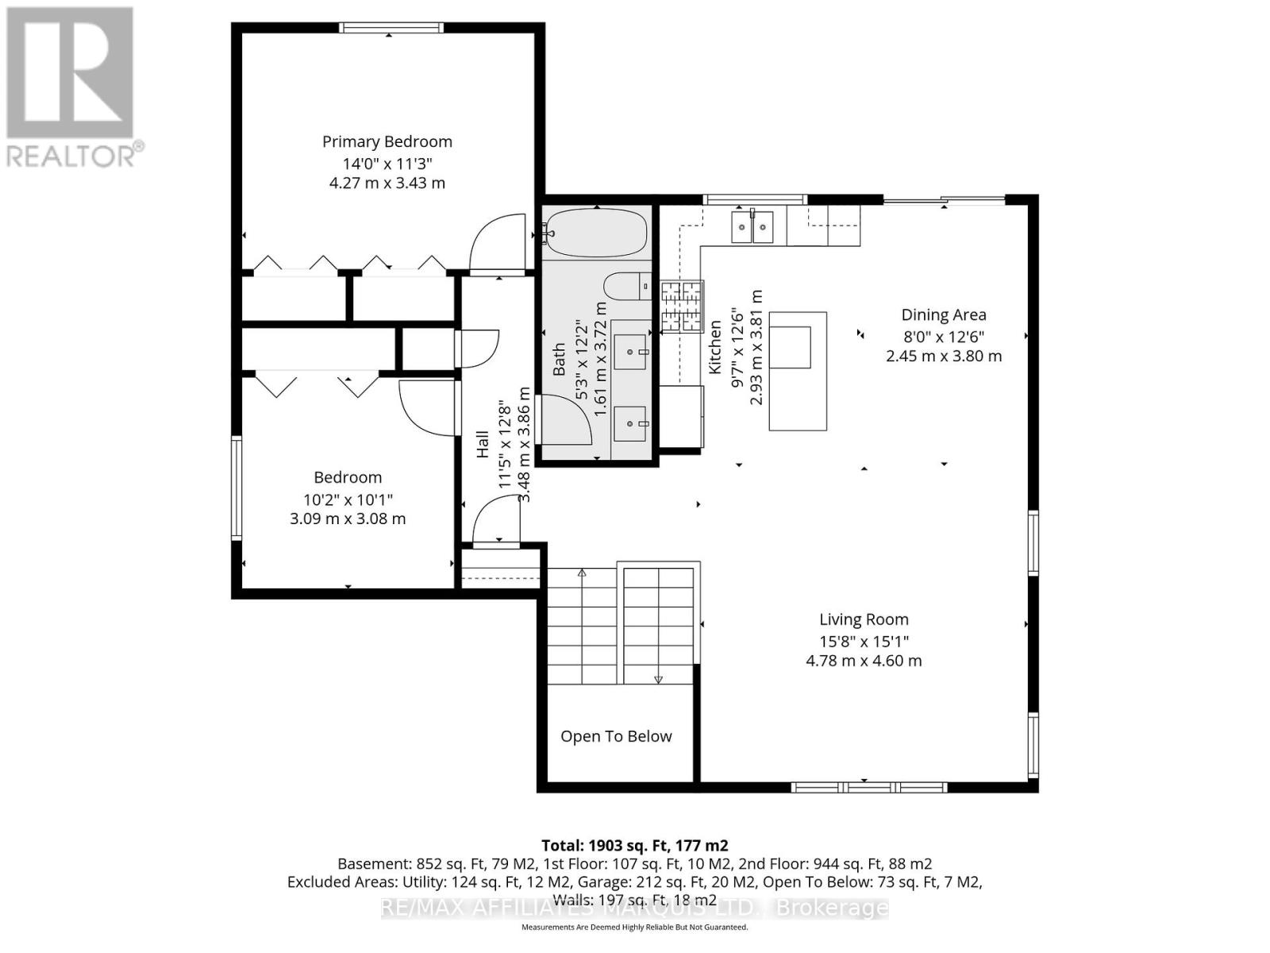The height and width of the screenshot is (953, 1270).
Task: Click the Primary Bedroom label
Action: point(387,141)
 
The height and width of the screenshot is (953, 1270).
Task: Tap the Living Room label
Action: point(864,619)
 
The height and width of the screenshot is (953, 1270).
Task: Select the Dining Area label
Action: point(943,314)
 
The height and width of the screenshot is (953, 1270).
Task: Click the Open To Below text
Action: point(616,736)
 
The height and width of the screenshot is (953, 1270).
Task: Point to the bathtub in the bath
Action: point(597,233)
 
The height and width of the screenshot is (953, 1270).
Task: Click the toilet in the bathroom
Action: point(627,286)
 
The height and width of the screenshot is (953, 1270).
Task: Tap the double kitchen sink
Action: point(752,228)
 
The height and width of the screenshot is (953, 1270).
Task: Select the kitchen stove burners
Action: point(683,307)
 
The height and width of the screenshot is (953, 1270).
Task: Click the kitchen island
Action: point(798,371)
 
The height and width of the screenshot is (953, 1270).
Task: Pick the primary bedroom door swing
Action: point(500,243)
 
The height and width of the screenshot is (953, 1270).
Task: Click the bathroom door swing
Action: point(565,421)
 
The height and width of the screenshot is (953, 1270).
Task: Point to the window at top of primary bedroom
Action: point(391,28)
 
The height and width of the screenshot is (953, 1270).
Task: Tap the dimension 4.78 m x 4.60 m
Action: point(864,661)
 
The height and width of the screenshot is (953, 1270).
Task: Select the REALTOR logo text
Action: point(75,156)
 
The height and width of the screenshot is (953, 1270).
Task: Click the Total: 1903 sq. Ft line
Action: point(634,845)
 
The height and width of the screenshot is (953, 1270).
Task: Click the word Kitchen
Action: point(715,347)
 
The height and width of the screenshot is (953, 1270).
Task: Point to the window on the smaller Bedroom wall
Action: point(237,488)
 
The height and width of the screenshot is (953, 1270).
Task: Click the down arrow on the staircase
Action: point(658,677)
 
